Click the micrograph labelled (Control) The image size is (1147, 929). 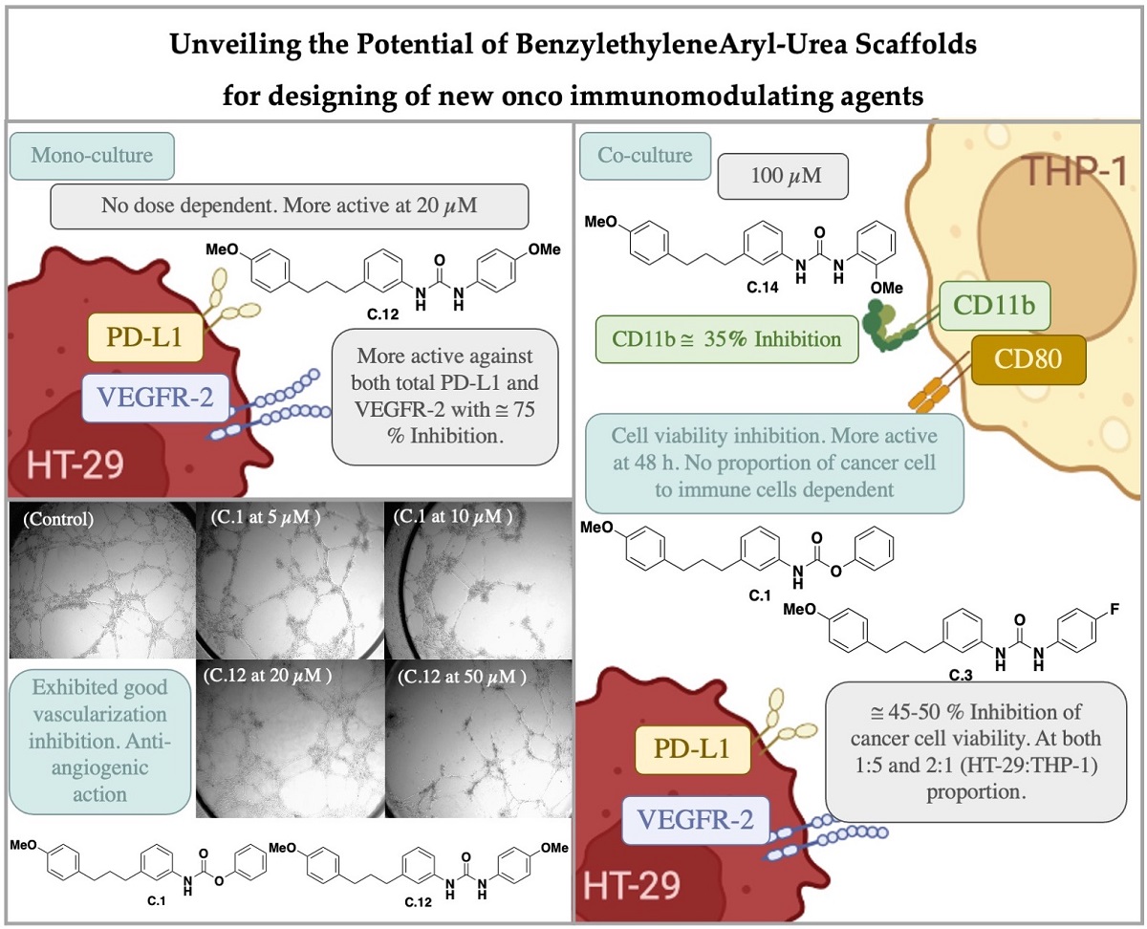(x=101, y=582)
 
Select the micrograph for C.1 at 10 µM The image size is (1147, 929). (x=477, y=582)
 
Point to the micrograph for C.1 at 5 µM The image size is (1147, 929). (x=290, y=582)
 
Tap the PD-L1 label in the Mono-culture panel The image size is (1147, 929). (x=145, y=337)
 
